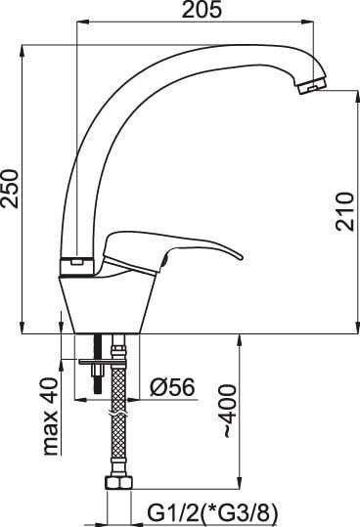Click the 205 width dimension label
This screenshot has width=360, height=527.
pos(202,10)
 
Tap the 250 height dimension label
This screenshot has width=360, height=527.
pos(10,189)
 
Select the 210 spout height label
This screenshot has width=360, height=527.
pos(345,211)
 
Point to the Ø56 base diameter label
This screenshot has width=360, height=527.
pos(172,386)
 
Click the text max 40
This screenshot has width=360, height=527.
pos(51,417)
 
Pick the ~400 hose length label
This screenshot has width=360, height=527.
pos(230,412)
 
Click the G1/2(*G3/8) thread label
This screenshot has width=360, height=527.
pos(213,513)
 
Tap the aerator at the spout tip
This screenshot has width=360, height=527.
pos(312,85)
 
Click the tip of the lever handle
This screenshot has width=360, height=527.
pos(241,258)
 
